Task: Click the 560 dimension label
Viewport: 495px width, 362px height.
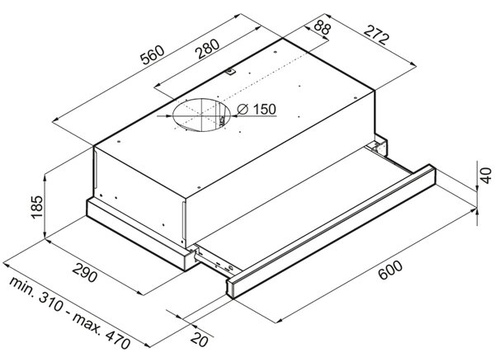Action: pos(153,55)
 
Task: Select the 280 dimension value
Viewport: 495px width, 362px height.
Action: pos(207,49)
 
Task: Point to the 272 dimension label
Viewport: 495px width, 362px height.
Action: pos(375,35)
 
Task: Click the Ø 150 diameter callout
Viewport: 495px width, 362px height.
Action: pos(257,109)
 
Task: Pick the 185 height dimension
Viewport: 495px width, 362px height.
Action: pos(37,207)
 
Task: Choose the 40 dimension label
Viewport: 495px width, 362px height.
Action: pos(486,176)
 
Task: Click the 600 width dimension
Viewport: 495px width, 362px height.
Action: pos(390,270)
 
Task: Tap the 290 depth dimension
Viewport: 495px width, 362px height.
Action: pos(85,272)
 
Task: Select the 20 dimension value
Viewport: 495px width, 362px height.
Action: pos(200,340)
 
